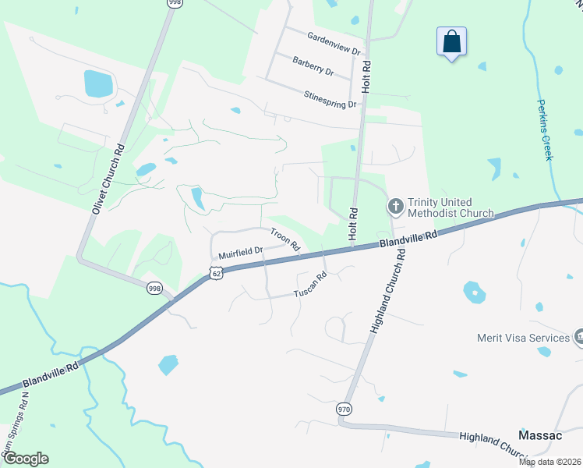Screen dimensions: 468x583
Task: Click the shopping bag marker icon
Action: coord(452,41)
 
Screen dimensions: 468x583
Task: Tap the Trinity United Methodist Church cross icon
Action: coord(395,207)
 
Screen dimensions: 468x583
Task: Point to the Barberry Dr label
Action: coord(313,66)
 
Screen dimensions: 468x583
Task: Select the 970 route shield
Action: coord(344,409)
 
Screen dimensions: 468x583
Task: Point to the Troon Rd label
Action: coord(285,238)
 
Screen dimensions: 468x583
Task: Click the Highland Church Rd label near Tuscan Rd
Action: coord(387,292)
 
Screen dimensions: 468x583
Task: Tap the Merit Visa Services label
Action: coord(524,338)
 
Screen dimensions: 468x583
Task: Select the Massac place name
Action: coord(541,435)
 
